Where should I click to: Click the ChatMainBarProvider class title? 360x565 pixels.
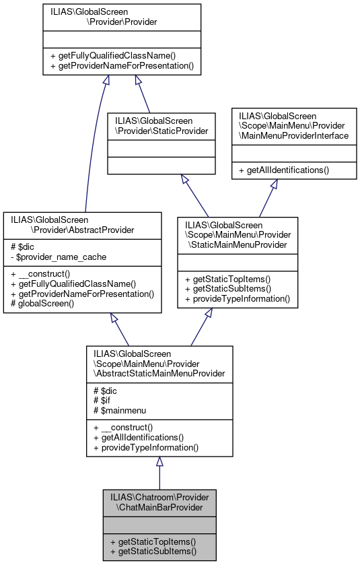tap(159, 502)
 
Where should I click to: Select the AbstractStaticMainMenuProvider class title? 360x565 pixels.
tap(159, 364)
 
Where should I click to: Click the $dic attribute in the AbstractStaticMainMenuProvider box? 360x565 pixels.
tap(108, 390)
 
